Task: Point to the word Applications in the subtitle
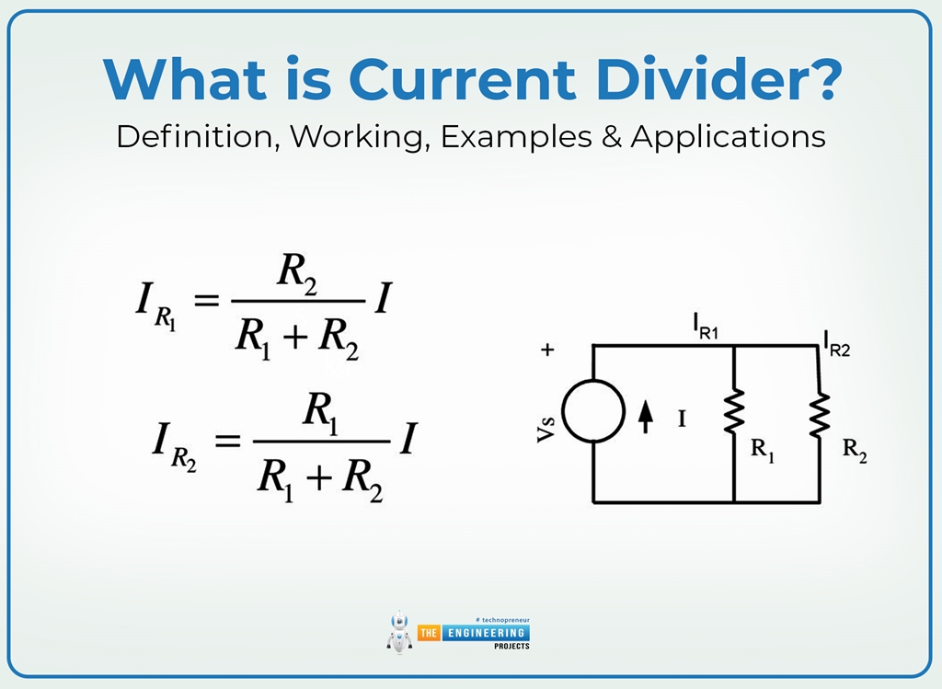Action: click(728, 137)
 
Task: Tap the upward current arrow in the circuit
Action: click(646, 419)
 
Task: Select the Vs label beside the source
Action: click(545, 429)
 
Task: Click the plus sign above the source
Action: click(548, 350)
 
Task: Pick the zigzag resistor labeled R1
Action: click(734, 411)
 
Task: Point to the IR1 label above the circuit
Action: click(705, 327)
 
